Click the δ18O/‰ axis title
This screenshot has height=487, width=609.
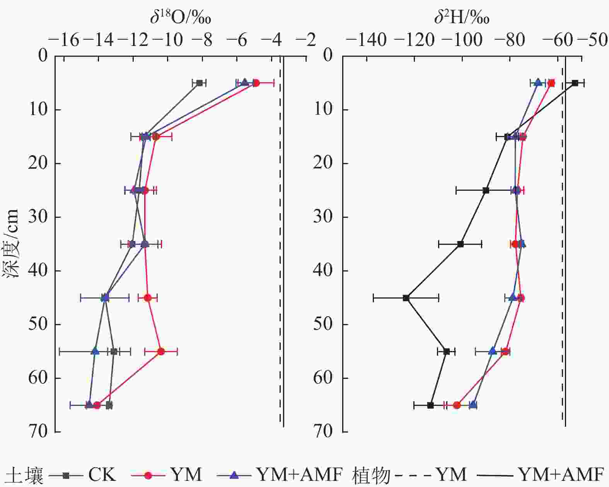(181, 17)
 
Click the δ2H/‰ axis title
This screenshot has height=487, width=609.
(462, 17)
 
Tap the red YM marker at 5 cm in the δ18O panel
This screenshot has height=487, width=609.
(256, 83)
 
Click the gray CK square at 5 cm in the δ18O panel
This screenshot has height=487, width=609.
(200, 83)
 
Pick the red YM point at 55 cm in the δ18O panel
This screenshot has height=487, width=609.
(161, 351)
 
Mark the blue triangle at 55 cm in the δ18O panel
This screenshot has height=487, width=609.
(95, 351)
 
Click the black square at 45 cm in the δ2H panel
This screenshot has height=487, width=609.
(406, 298)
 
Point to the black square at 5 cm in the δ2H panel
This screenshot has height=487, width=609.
(575, 83)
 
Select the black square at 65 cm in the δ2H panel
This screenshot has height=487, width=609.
(430, 405)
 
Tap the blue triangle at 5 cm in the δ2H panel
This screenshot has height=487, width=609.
(538, 83)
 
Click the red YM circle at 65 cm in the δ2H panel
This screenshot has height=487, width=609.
(457, 405)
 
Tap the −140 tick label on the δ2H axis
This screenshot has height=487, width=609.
(365, 40)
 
